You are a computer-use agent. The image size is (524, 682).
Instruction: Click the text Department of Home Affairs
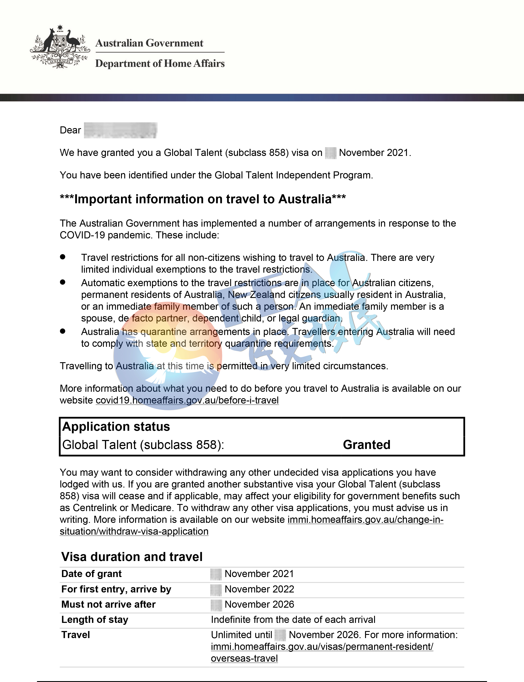[x=160, y=64]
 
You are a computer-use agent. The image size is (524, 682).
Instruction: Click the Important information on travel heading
[x=203, y=199]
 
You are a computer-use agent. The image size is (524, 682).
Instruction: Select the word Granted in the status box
[x=366, y=445]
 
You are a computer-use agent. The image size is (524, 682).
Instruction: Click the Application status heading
[x=116, y=426]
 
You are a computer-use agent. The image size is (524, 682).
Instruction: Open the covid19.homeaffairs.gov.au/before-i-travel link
[x=187, y=400]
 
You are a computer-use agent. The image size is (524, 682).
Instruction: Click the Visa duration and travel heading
[x=132, y=556]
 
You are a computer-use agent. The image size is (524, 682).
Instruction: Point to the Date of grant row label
[x=91, y=574]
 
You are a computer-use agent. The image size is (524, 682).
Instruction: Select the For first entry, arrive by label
[x=116, y=589]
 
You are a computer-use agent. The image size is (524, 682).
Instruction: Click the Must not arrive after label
[x=108, y=604]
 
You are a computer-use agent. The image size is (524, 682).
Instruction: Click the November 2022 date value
[x=259, y=589]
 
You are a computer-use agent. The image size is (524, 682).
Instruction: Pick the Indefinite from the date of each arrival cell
[x=293, y=620]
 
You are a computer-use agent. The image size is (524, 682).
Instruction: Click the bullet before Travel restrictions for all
[x=63, y=257]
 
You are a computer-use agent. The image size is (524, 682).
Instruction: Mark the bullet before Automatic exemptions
[x=63, y=282]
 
